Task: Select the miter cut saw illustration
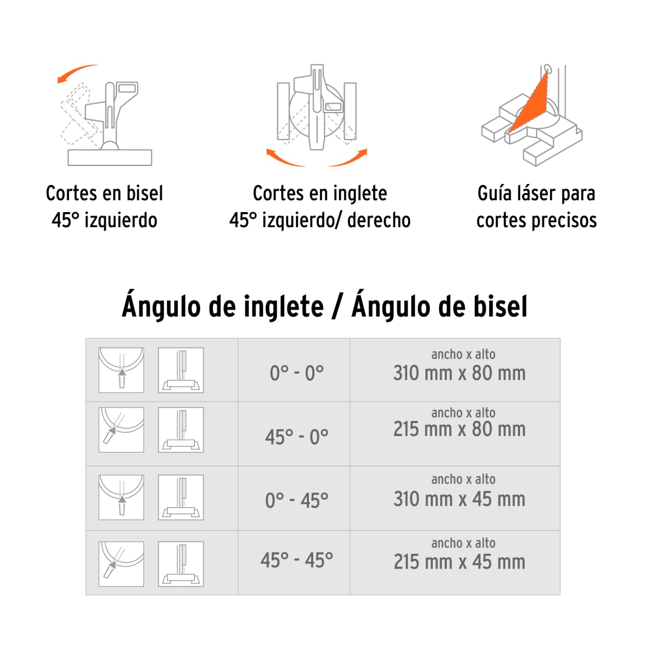[317, 108]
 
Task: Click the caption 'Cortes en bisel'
[104, 193]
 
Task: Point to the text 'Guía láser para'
[536, 193]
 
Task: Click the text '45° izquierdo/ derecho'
[320, 220]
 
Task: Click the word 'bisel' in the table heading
[500, 307]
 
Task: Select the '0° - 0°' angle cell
[297, 373]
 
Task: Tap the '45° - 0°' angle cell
[297, 437]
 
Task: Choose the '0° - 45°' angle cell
[297, 501]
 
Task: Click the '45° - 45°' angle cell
[297, 560]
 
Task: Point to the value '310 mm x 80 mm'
[459, 373]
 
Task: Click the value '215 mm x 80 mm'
[459, 430]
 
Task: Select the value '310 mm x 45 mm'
[459, 499]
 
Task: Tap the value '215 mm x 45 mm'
[459, 562]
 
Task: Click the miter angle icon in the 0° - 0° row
[121, 370]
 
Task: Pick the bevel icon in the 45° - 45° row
[181, 564]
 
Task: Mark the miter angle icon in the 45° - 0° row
[121, 430]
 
